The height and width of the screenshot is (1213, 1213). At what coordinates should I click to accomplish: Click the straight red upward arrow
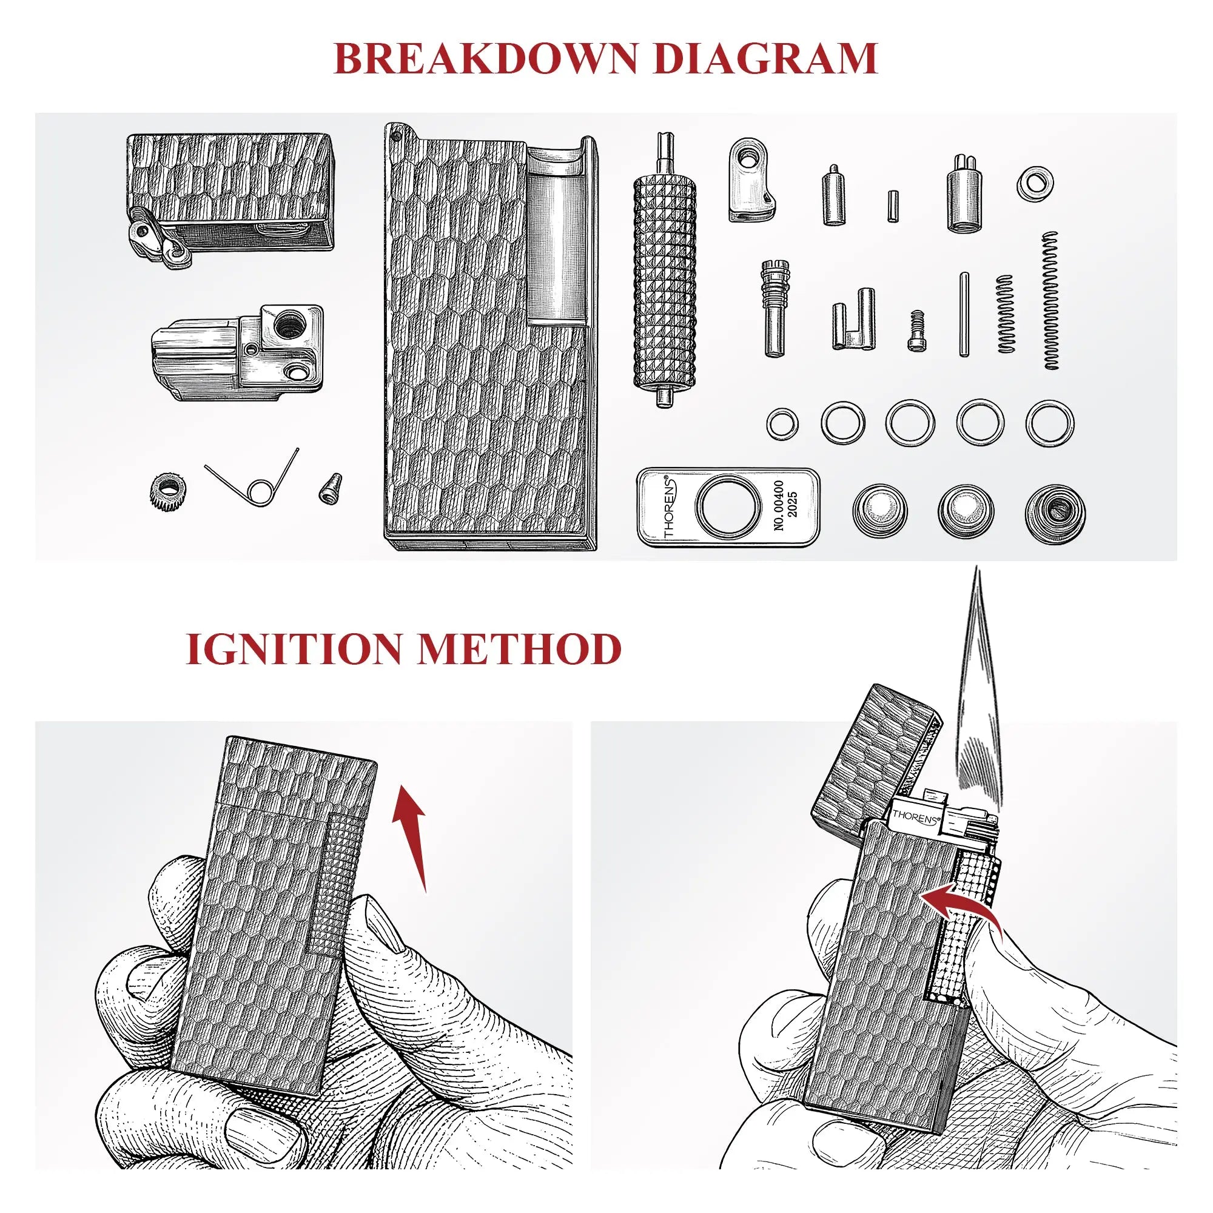[x=411, y=841]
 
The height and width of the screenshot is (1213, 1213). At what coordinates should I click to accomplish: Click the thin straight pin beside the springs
[x=964, y=314]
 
